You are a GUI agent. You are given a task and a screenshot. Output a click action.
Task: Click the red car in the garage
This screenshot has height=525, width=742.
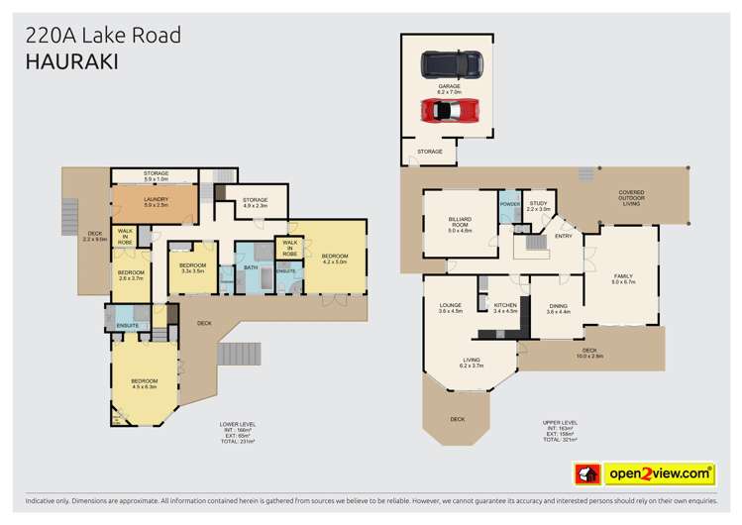point(450,110)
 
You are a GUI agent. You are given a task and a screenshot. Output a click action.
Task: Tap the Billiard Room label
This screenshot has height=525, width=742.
point(460,223)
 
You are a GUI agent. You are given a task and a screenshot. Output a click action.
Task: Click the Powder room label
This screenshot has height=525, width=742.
point(509,204)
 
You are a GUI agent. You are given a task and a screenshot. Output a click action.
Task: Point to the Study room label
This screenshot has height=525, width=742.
point(538,206)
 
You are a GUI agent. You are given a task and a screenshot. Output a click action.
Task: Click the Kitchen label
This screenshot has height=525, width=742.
point(505,307)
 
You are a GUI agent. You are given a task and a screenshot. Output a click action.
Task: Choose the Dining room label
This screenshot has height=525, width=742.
point(559,309)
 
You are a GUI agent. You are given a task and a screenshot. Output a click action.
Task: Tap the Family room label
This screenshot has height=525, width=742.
point(621,278)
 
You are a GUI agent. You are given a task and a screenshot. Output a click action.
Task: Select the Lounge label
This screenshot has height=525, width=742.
point(451,307)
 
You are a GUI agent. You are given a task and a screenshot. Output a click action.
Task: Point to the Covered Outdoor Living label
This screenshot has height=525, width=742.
point(631,198)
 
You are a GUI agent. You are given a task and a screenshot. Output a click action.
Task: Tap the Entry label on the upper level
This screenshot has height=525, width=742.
point(564,236)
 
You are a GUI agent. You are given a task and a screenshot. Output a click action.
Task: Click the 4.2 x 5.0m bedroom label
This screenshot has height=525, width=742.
point(335,260)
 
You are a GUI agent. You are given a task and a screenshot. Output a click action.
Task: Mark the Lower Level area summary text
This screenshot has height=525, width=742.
point(238,432)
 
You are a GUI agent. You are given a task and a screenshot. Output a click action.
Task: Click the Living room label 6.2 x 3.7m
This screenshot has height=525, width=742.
point(472,363)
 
